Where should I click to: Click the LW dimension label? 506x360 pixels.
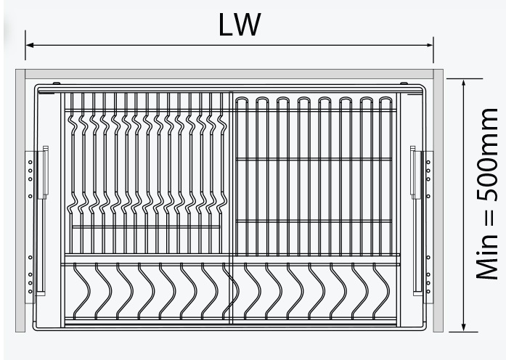point(239,25)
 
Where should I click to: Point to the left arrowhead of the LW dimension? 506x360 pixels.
point(30,45)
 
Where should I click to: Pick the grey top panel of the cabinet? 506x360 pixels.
point(229,74)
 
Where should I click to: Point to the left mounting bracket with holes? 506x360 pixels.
point(30,225)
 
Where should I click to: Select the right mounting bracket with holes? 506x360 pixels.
point(428,225)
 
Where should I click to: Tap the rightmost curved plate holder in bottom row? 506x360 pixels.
point(380,290)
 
